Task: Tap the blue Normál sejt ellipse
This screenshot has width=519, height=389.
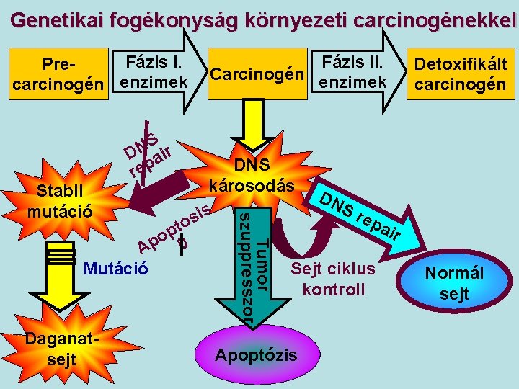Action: (454, 283)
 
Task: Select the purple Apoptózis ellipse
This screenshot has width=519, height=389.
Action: (255, 354)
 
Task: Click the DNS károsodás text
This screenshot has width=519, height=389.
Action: (252, 175)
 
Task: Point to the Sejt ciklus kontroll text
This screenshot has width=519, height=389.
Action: (333, 279)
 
